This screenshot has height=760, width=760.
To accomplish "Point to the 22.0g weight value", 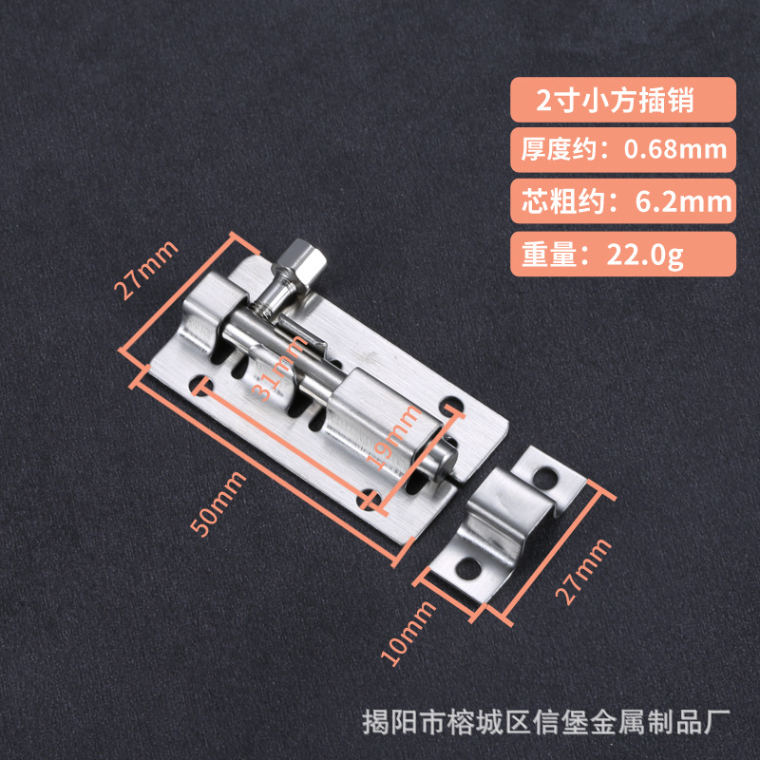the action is [x=641, y=254].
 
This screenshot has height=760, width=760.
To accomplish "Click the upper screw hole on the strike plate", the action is [x=549, y=472].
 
